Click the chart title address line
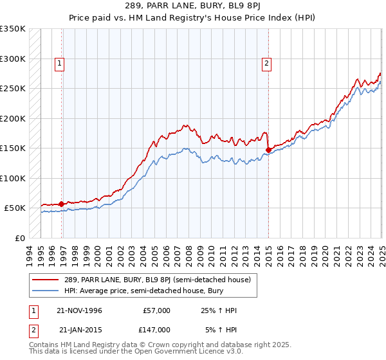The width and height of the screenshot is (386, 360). (192, 7)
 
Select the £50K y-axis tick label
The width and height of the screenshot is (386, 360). (15, 208)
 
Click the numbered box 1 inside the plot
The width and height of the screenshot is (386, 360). (59, 63)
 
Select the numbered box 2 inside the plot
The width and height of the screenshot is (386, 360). (266, 63)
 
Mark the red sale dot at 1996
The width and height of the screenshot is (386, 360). (62, 204)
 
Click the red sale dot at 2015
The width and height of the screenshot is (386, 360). (268, 150)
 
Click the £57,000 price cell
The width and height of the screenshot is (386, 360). (157, 310)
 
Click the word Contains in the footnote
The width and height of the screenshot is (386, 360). (44, 345)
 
